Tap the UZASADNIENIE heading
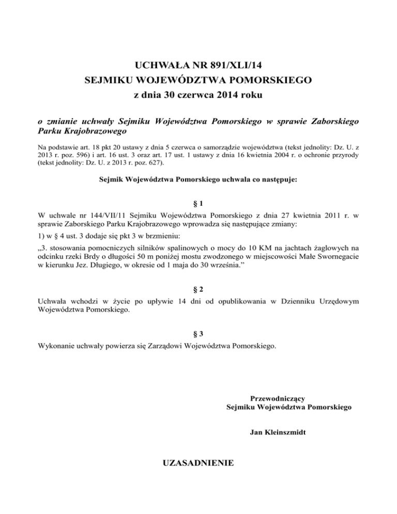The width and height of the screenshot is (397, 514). point(198,462)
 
